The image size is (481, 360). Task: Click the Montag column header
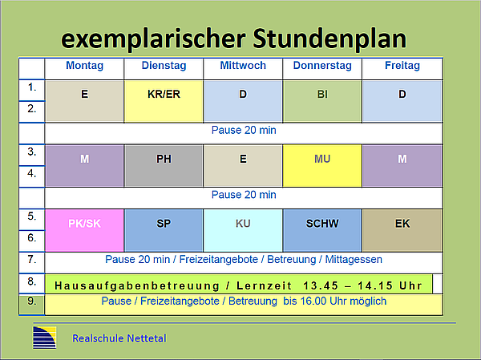tap(84, 66)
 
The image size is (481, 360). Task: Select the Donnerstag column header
tap(322, 66)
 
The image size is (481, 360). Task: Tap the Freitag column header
tap(402, 66)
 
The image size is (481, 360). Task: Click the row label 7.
tap(31, 260)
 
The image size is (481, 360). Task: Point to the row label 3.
tap(31, 152)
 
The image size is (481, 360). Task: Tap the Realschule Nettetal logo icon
tap(45, 338)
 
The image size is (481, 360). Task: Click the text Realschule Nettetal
tap(119, 338)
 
